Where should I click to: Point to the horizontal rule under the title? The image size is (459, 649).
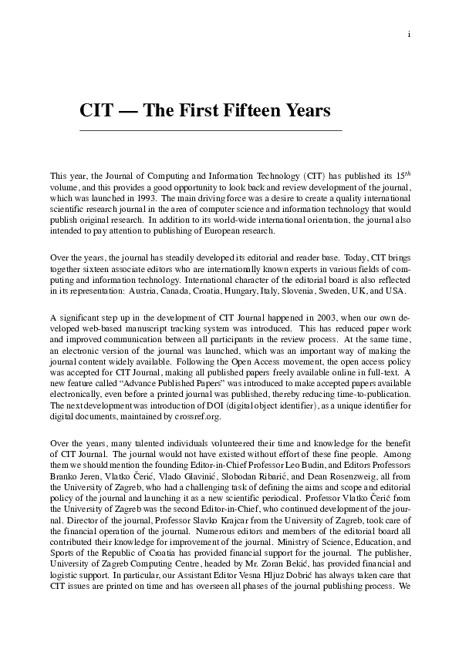point(211,131)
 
